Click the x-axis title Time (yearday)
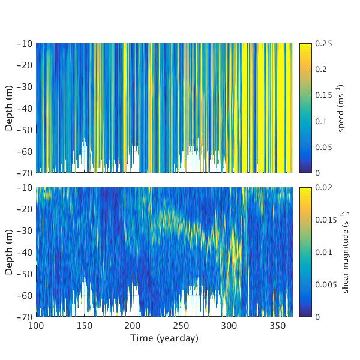(164, 338)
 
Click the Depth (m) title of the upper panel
(9, 108)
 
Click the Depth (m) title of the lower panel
(9, 251)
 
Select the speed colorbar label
(341, 108)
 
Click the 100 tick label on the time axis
(36, 325)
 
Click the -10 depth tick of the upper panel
(26, 44)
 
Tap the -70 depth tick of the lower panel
(26, 316)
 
